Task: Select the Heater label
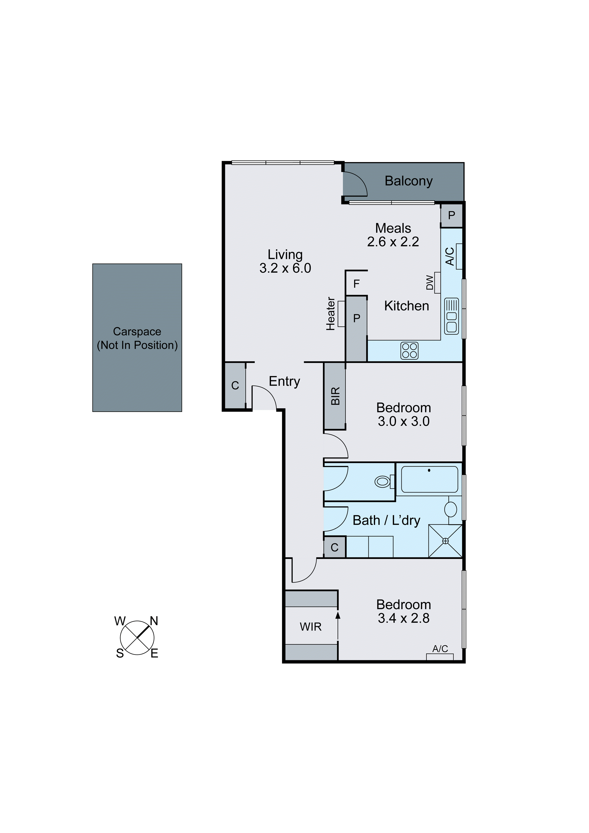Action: (x=330, y=314)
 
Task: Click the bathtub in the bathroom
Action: (x=429, y=479)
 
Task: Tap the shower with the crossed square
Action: (x=445, y=541)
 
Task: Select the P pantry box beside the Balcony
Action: (x=452, y=216)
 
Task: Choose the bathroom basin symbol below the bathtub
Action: (x=451, y=509)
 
